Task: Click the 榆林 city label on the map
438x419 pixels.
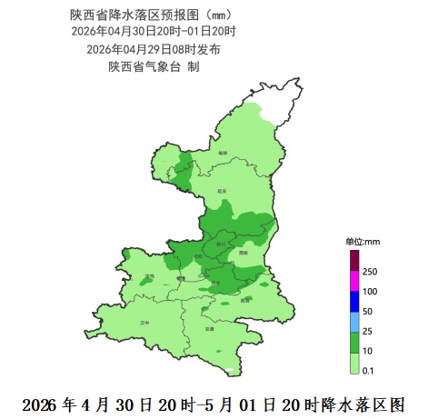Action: click(x=223, y=154)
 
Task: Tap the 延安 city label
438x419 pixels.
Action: click(x=221, y=191)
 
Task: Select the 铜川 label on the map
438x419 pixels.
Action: click(x=220, y=243)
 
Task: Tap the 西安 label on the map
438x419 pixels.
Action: click(x=214, y=283)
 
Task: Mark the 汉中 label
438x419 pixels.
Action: click(x=143, y=323)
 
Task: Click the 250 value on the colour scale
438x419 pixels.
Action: click(x=370, y=272)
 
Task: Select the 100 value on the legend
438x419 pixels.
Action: click(x=370, y=292)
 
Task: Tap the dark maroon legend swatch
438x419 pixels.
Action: click(x=353, y=261)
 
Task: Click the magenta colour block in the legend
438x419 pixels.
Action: click(x=353, y=282)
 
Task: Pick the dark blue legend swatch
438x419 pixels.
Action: click(x=353, y=302)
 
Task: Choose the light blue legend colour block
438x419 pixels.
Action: click(x=353, y=321)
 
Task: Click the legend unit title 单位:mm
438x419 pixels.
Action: click(x=362, y=242)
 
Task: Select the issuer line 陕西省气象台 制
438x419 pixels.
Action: click(x=154, y=66)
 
